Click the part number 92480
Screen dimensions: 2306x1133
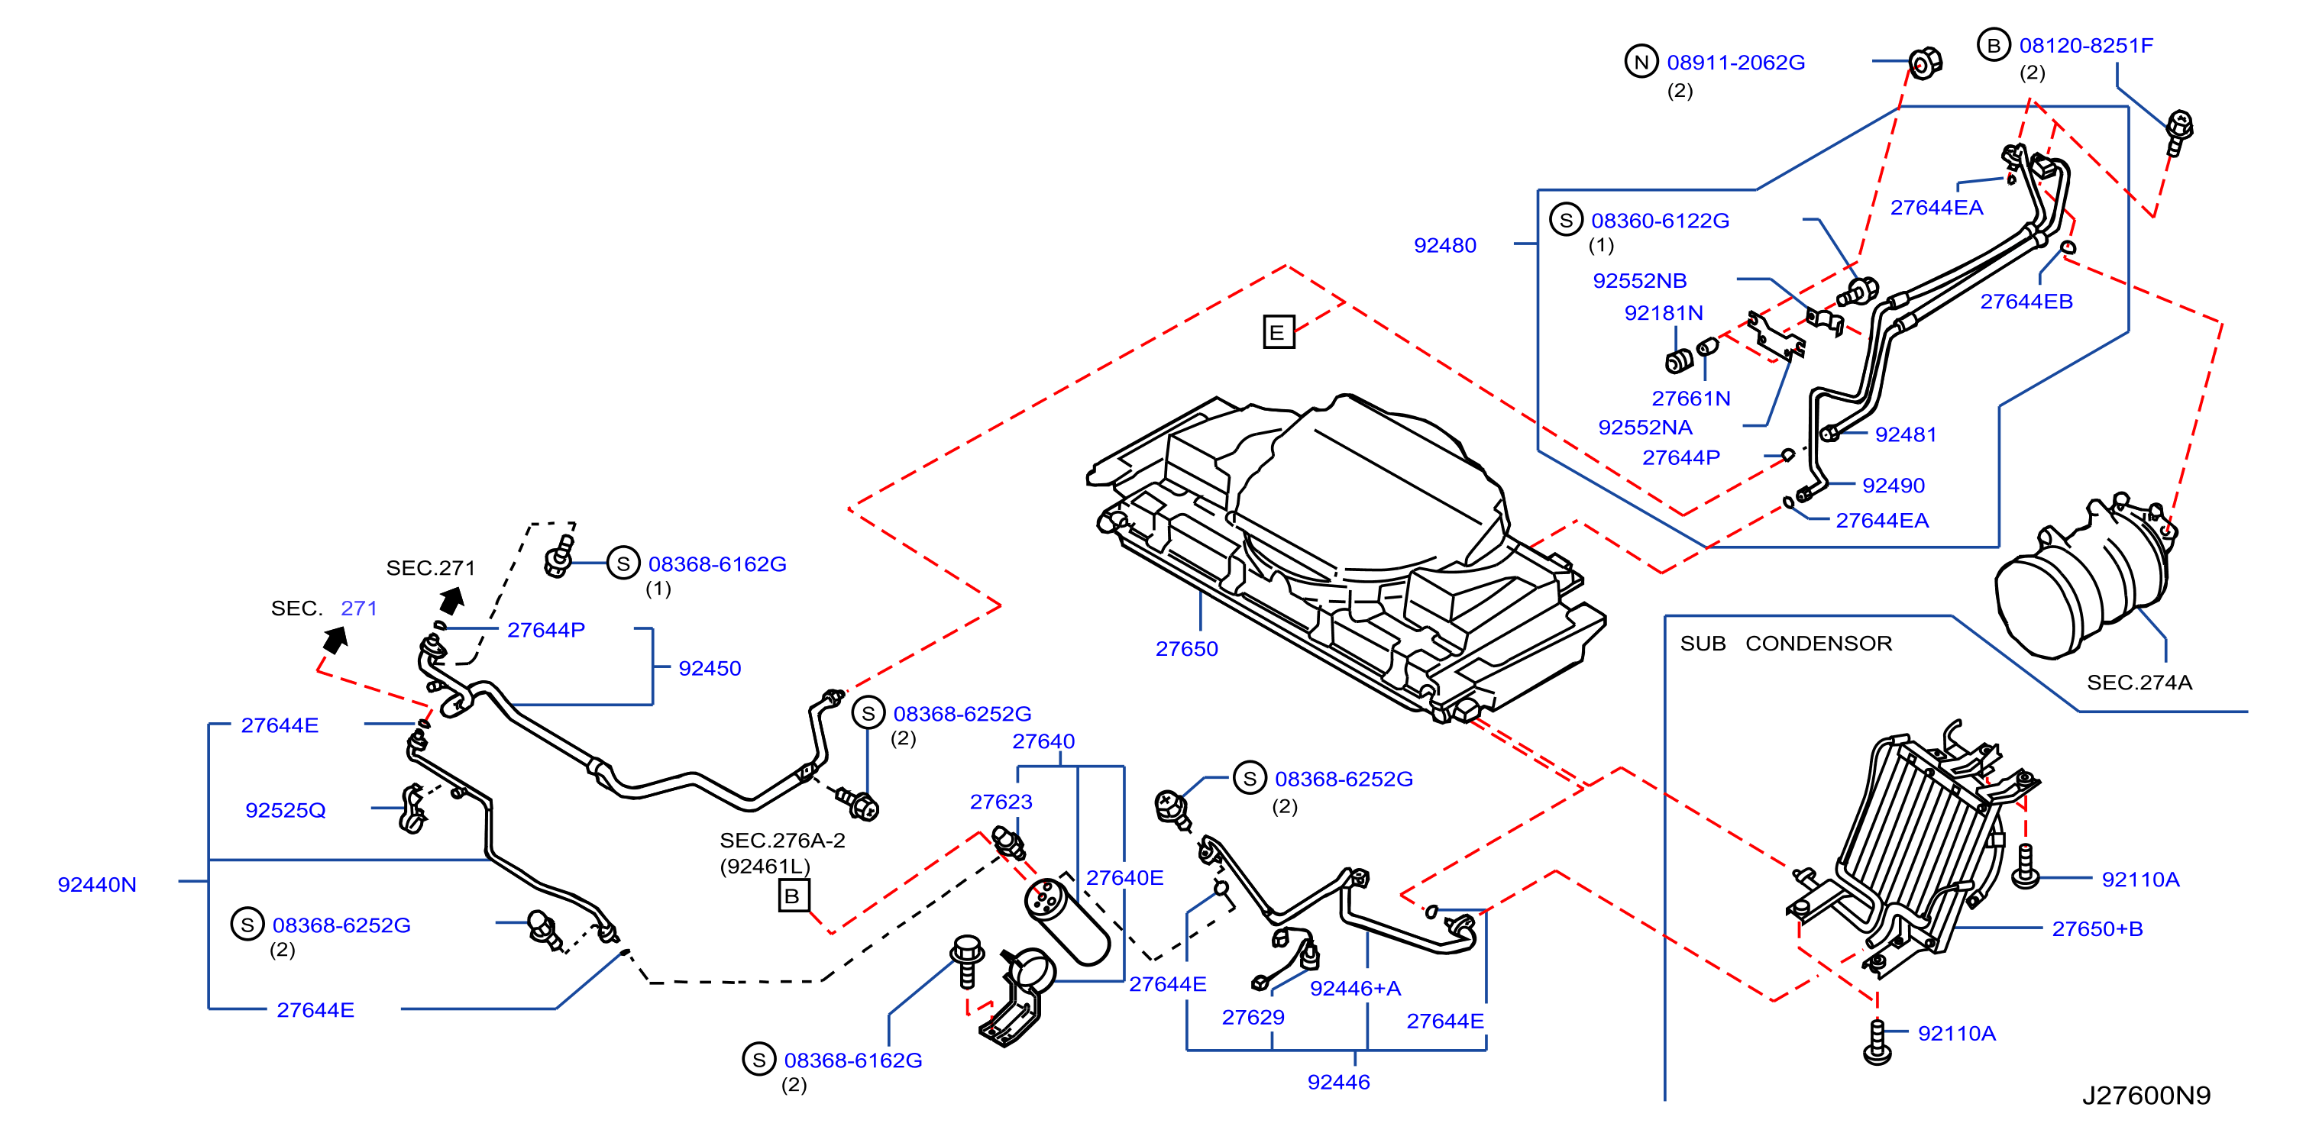pyautogui.click(x=1445, y=245)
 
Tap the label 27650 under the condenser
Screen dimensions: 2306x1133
pyautogui.click(x=1186, y=649)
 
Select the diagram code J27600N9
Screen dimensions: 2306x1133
pyautogui.click(x=2146, y=1096)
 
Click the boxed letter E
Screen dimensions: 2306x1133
pyautogui.click(x=1279, y=332)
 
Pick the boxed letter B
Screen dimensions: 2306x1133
pyautogui.click(x=793, y=896)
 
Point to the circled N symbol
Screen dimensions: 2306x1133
pyautogui.click(x=1641, y=62)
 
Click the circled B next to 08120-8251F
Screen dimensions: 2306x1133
pyautogui.click(x=1994, y=45)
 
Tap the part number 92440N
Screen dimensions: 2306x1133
pyautogui.click(x=97, y=884)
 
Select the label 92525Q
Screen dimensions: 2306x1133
pyautogui.click(x=286, y=810)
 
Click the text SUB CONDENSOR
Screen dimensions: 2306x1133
pyautogui.click(x=1786, y=644)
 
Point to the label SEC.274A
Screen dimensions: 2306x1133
pyautogui.click(x=2139, y=683)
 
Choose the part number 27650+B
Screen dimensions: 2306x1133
pyautogui.click(x=2097, y=929)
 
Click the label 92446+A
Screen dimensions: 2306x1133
pyautogui.click(x=1355, y=988)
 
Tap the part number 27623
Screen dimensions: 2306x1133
pyautogui.click(x=1001, y=802)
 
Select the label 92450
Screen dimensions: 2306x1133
pyautogui.click(x=710, y=669)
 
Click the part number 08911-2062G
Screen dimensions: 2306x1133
pyautogui.click(x=1735, y=63)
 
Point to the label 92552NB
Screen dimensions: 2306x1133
pyautogui.click(x=1640, y=281)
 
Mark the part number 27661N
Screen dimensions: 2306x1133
pyautogui.click(x=1691, y=399)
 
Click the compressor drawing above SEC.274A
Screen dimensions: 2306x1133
pyautogui.click(x=2085, y=578)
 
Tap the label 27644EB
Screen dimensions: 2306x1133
pyautogui.click(x=2026, y=302)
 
